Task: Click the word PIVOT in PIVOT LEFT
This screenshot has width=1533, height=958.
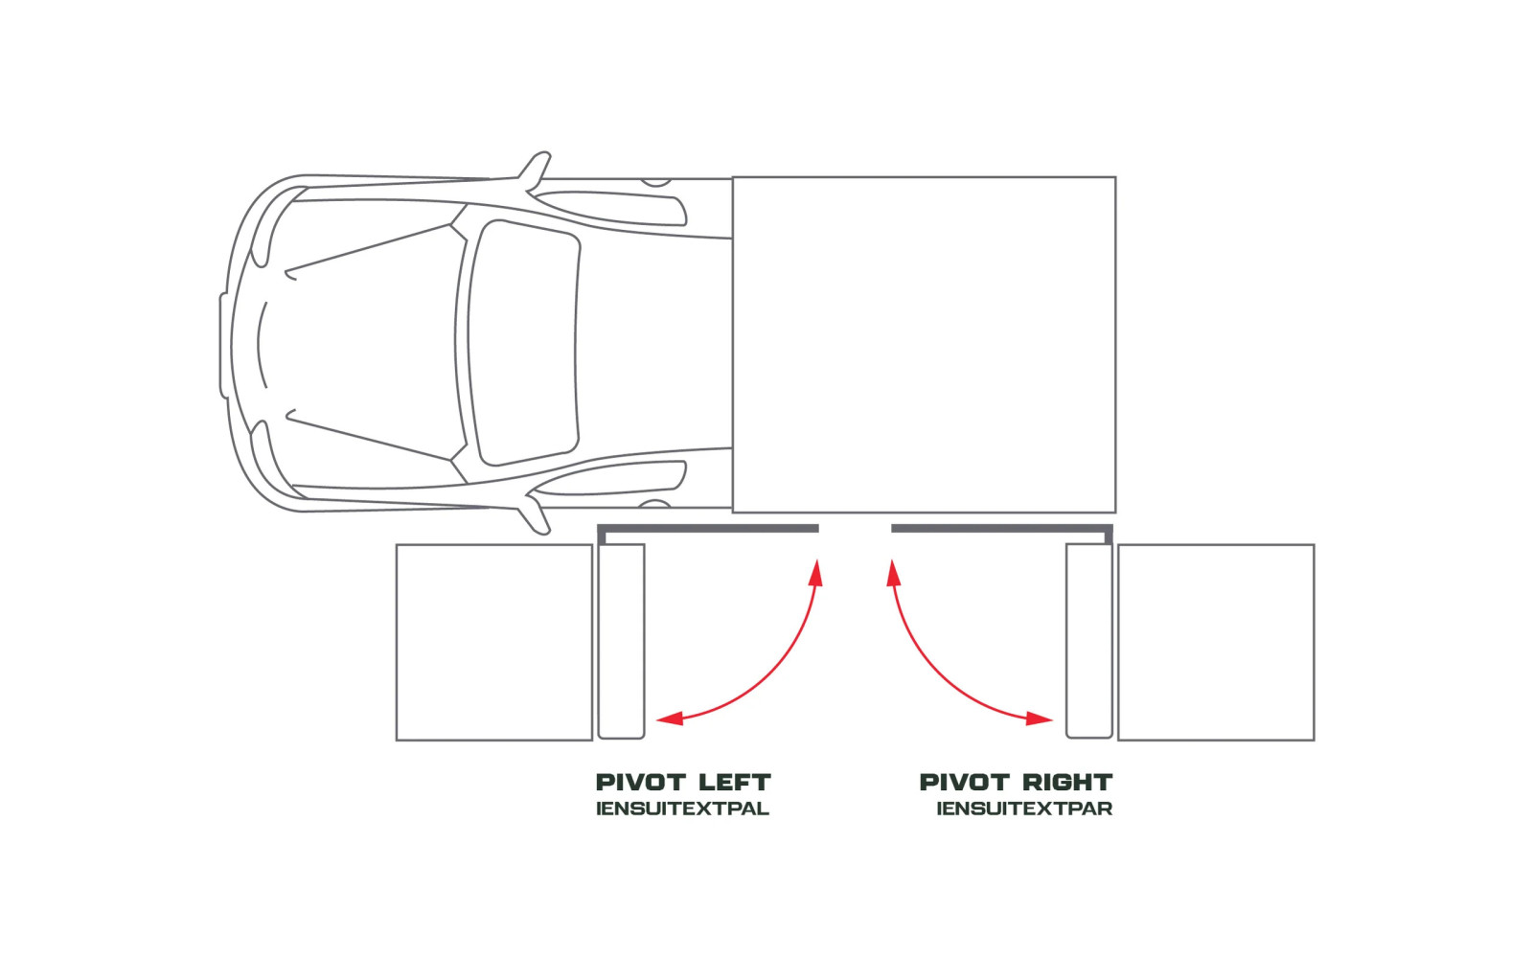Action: pyautogui.click(x=641, y=782)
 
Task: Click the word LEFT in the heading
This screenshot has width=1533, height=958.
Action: pyautogui.click(x=736, y=782)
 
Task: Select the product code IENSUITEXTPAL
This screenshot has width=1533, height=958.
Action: pyautogui.click(x=683, y=809)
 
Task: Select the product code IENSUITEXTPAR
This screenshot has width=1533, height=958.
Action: pyautogui.click(x=1024, y=809)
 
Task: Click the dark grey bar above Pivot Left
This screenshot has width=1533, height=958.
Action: pyautogui.click(x=708, y=528)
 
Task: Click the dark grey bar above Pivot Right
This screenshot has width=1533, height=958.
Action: pyautogui.click(x=1002, y=528)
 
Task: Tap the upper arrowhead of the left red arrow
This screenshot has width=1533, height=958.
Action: pyautogui.click(x=815, y=573)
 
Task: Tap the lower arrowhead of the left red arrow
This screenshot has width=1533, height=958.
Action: pyautogui.click(x=670, y=718)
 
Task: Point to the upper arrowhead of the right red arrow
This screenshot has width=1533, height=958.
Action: pyautogui.click(x=893, y=573)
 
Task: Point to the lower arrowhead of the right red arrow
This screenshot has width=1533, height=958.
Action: pyautogui.click(x=1040, y=718)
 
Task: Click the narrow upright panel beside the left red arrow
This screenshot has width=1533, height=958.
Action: pyautogui.click(x=622, y=641)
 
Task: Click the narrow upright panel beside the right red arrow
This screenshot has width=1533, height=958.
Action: pyautogui.click(x=1089, y=641)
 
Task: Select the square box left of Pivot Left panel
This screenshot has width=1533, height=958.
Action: pyautogui.click(x=494, y=643)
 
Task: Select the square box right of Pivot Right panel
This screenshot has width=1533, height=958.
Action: pyautogui.click(x=1216, y=643)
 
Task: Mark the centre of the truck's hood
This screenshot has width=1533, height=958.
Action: pyautogui.click(x=355, y=343)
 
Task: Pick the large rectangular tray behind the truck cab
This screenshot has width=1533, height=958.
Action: pyautogui.click(x=924, y=345)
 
